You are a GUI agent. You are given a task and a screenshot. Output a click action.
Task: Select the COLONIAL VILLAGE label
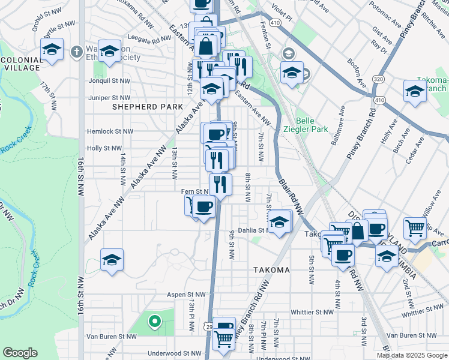pyautogui.click(x=19, y=64)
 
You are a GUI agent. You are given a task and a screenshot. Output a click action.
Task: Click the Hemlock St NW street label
pyautogui.click(x=109, y=131)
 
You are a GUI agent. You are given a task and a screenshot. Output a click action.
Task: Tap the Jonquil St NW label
pyautogui.click(x=109, y=80)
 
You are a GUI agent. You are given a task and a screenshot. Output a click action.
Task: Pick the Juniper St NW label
pyautogui.click(x=109, y=97)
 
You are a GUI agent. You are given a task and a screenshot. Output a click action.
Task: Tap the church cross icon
pyautogui.click(x=76, y=52)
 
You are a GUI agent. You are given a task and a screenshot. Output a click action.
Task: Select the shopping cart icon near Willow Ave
pyautogui.click(x=415, y=227)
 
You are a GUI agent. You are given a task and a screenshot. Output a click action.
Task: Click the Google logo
pyautogui.click(x=20, y=353)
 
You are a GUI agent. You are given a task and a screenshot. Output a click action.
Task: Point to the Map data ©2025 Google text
pyautogui.click(x=411, y=355)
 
